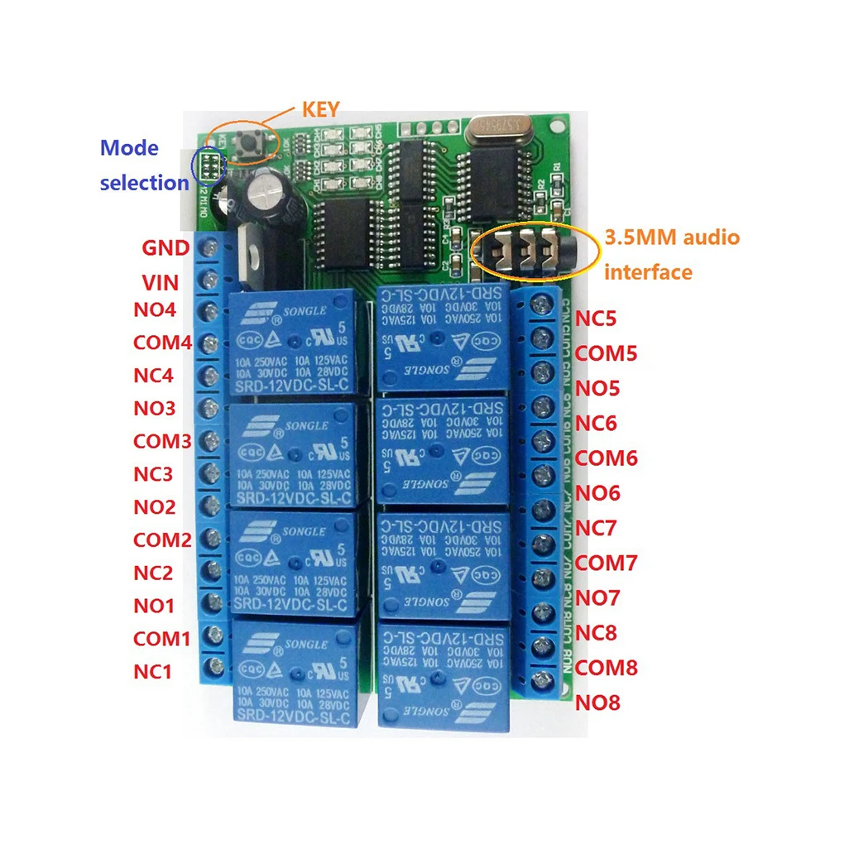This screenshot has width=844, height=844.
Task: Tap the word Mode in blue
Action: (128, 149)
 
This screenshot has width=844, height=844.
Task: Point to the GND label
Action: (165, 248)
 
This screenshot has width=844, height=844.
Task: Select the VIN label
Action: (161, 283)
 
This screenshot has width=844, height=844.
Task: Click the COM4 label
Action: (162, 343)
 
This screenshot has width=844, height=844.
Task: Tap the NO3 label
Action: (154, 408)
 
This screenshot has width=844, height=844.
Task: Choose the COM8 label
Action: (607, 668)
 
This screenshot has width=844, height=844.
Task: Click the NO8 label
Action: (597, 703)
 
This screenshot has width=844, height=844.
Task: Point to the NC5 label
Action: (596, 319)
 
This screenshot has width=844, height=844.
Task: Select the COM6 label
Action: (607, 458)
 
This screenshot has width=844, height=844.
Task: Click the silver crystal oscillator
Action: (499, 127)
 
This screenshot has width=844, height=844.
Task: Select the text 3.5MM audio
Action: (672, 238)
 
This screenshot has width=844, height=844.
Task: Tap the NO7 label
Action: (597, 597)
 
